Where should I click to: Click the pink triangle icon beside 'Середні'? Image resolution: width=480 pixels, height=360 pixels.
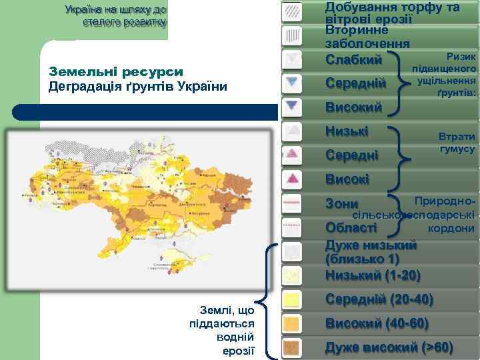coord(291,155)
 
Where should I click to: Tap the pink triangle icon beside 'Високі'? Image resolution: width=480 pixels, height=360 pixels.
coord(291,179)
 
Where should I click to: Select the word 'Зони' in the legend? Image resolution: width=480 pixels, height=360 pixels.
coord(341,204)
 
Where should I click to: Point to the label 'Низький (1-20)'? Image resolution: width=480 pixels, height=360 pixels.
coord(372,275)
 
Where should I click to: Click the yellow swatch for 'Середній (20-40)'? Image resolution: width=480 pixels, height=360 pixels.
coord(291,299)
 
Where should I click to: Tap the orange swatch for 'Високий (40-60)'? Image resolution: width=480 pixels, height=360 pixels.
coord(291,323)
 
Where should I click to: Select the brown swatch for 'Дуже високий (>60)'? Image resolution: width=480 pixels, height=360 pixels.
coord(291,347)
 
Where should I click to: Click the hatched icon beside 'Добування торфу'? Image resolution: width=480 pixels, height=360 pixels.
coord(291,11)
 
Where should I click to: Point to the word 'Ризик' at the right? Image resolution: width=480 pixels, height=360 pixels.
coord(461,57)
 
